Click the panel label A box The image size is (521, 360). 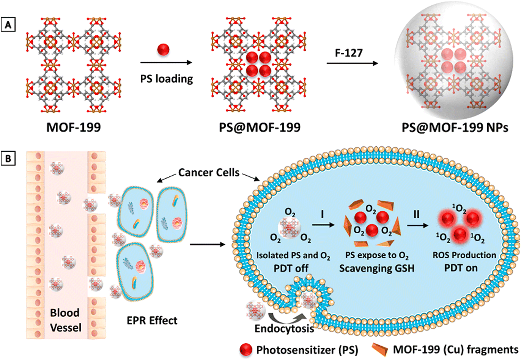tap(8, 24)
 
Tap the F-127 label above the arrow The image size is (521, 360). tap(349, 53)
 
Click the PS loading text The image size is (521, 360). tap(166, 79)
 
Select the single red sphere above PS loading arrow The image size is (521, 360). tap(163, 50)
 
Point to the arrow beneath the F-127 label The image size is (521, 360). tap(352, 63)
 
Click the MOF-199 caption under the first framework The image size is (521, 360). tap(74, 127)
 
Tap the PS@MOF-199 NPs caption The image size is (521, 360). tap(455, 127)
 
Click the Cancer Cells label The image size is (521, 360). tap(209, 173)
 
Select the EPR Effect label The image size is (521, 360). tap(152, 320)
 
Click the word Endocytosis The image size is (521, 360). tap(284, 329)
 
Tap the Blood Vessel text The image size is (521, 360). tap(66, 320)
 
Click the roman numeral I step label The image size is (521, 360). tap(322, 214)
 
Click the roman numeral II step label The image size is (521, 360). tap(416, 214)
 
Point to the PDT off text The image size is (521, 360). tap(291, 268)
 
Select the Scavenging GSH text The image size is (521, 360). tap(377, 268)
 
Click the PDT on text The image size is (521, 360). tap(461, 268)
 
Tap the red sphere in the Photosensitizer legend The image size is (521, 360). tap(246, 350)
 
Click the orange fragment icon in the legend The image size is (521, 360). tap(380, 349)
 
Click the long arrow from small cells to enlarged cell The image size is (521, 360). tap(207, 244)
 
